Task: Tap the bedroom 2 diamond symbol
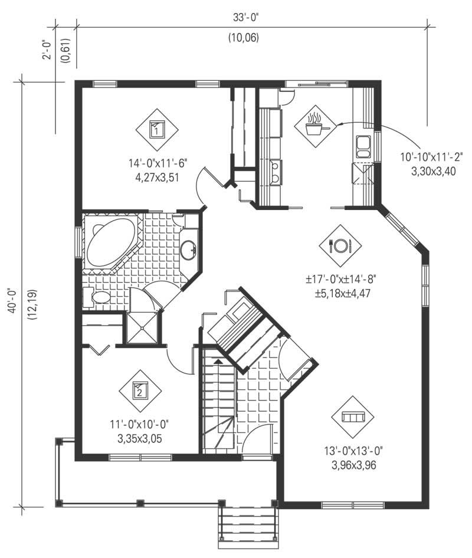tap(140, 389)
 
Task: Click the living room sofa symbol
tap(353, 417)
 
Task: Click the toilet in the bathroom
tap(98, 297)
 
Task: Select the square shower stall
tap(143, 326)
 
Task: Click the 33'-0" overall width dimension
tap(245, 17)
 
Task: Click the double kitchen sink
tap(363, 145)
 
